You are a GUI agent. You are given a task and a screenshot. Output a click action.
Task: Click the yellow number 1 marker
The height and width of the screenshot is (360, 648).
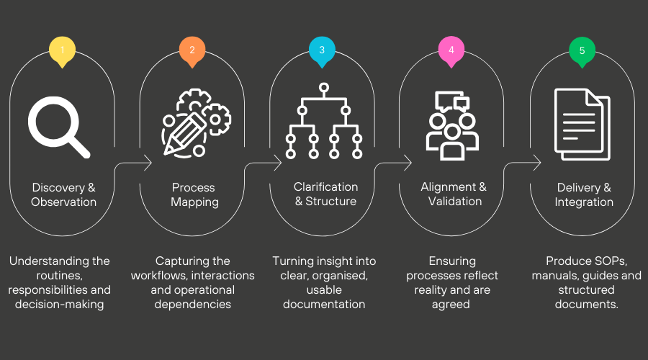pyautogui.click(x=63, y=50)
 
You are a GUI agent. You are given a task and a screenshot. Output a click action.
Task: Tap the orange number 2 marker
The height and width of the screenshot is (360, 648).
pyautogui.click(x=192, y=50)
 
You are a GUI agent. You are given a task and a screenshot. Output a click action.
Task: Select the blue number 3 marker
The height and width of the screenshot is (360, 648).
pyautogui.click(x=322, y=50)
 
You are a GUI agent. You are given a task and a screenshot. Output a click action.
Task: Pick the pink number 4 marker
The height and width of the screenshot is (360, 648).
pyautogui.click(x=451, y=50)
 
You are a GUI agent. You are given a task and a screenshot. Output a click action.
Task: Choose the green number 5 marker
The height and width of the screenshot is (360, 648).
pyautogui.click(x=582, y=50)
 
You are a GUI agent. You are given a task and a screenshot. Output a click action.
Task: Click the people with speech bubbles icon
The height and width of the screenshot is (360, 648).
pyautogui.click(x=452, y=126)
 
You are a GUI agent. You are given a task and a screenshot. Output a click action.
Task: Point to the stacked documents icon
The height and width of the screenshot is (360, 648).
pyautogui.click(x=582, y=124)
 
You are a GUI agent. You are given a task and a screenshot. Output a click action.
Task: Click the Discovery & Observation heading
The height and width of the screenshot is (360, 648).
pyautogui.click(x=63, y=194)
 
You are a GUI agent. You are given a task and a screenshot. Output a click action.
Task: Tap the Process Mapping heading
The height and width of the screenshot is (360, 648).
pyautogui.click(x=194, y=194)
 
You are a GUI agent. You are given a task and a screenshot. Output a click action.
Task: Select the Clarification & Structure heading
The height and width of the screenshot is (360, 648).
pyautogui.click(x=325, y=194)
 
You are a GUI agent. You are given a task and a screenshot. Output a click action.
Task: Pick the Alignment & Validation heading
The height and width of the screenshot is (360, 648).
pyautogui.click(x=454, y=194)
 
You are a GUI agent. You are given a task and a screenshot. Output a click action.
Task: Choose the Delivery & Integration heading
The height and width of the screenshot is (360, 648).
pyautogui.click(x=584, y=194)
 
